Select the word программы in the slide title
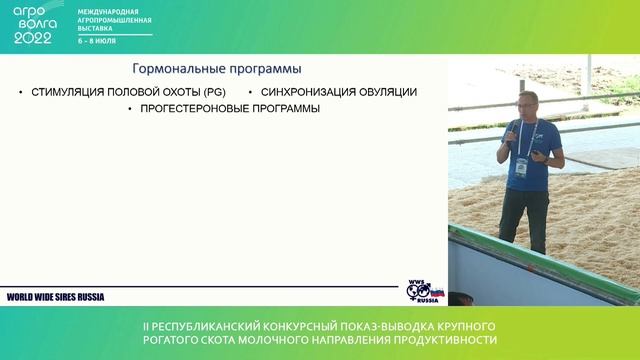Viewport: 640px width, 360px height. coord(263,69)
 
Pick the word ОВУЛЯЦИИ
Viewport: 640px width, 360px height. coord(386,92)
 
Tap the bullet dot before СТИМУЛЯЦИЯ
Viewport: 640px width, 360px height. coord(21,93)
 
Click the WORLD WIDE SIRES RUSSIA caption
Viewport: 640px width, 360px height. coord(56,297)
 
